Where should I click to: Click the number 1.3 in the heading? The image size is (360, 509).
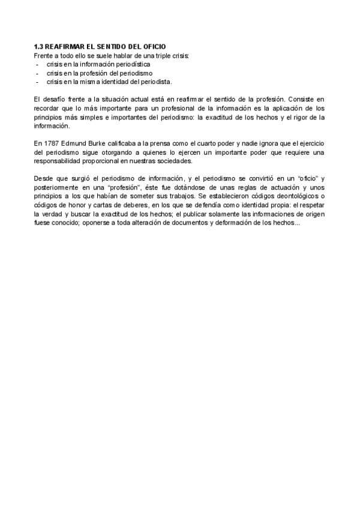(38, 47)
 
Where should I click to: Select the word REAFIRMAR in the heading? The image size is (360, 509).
(64, 47)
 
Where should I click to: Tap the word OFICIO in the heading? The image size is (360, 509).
(151, 47)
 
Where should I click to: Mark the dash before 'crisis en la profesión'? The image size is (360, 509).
(37, 73)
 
